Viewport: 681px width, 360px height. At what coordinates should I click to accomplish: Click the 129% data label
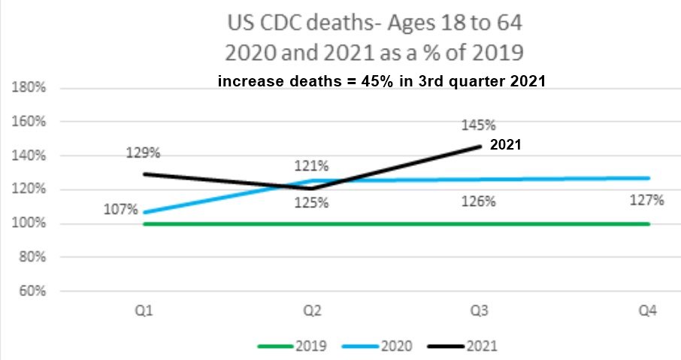click(143, 153)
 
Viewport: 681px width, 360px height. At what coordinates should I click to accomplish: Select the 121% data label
click(311, 165)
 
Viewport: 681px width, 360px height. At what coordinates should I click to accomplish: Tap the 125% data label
click(311, 202)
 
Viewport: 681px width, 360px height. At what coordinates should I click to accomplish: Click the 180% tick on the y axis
click(30, 88)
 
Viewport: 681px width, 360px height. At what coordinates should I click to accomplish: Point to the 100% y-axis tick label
click(30, 223)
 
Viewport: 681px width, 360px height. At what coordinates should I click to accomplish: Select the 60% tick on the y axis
click(32, 291)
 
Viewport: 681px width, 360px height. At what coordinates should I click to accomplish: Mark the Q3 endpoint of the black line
click(480, 147)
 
